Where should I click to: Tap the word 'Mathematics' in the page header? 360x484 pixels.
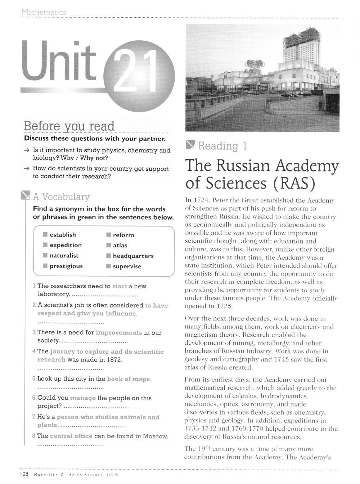pyautogui.click(x=44, y=13)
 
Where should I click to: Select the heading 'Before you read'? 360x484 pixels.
pyautogui.click(x=69, y=126)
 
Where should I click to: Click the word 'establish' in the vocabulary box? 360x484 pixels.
pyautogui.click(x=63, y=235)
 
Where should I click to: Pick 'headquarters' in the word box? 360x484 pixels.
pyautogui.click(x=133, y=256)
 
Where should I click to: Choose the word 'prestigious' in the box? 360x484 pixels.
pyautogui.click(x=66, y=266)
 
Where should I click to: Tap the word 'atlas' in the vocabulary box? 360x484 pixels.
pyautogui.click(x=120, y=246)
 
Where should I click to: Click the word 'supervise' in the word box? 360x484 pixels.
pyautogui.click(x=127, y=266)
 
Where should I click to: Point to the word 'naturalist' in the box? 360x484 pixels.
pyautogui.click(x=64, y=256)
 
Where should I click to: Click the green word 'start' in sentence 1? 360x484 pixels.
pyautogui.click(x=120, y=286)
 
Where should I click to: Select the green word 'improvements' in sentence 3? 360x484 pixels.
pyautogui.click(x=119, y=332)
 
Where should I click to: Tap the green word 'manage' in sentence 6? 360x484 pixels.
pyautogui.click(x=83, y=398)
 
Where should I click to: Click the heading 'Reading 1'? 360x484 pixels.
pyautogui.click(x=222, y=146)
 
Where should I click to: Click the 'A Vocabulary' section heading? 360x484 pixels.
pyautogui.click(x=61, y=197)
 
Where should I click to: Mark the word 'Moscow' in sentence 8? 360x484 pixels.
pyautogui.click(x=155, y=436)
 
